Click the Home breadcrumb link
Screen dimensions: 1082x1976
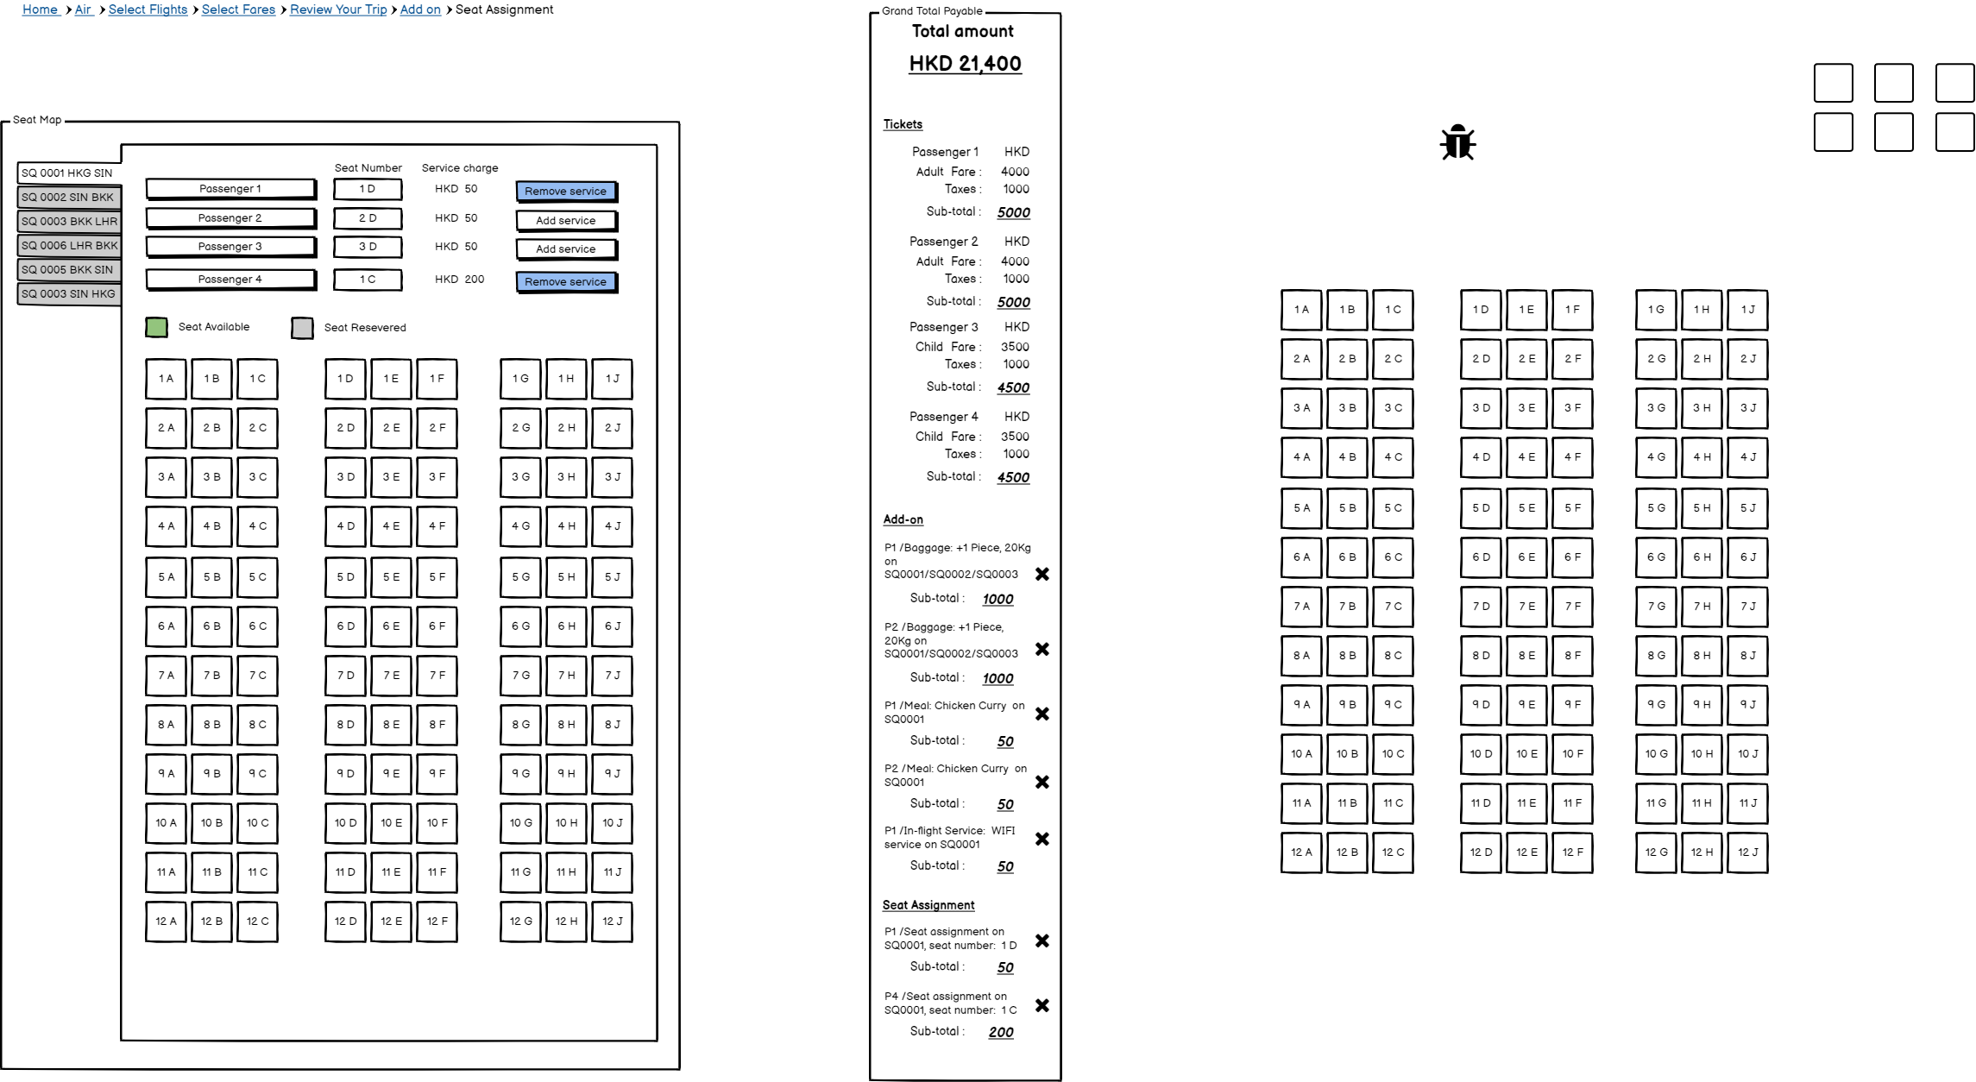point(40,9)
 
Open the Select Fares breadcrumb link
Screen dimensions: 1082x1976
point(238,9)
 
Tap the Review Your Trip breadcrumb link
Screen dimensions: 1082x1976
point(338,9)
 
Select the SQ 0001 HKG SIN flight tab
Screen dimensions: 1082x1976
point(67,173)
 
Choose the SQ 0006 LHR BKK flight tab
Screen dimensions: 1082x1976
point(69,245)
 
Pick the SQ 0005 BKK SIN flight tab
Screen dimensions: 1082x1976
point(67,269)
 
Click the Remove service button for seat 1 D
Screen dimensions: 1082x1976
point(565,191)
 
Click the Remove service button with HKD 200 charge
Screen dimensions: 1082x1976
point(565,281)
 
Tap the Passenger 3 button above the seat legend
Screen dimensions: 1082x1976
point(230,247)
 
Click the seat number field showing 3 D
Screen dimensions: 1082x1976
point(368,247)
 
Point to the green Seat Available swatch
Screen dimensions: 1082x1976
point(156,327)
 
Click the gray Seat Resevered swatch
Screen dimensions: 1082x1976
point(302,328)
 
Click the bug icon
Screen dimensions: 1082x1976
point(1457,142)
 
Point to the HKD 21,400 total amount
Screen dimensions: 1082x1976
point(965,64)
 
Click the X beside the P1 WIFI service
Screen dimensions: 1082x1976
point(1042,839)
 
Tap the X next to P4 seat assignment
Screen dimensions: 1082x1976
point(1042,1005)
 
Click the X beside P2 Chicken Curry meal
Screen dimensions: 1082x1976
point(1042,782)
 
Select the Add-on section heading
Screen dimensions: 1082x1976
point(903,519)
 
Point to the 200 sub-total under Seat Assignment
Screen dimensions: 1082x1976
point(1001,1032)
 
